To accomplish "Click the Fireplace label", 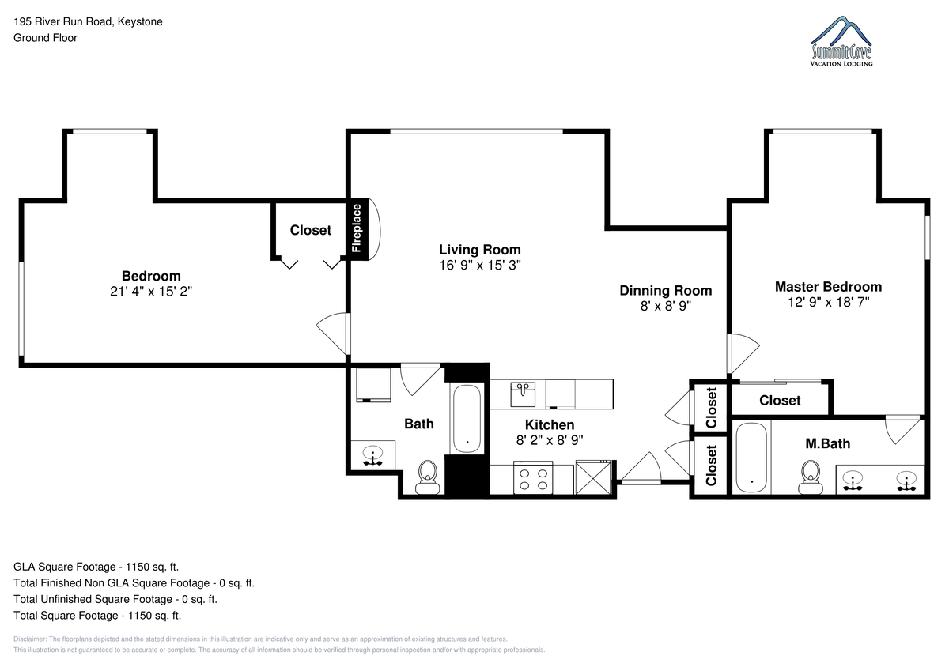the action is coord(357,228).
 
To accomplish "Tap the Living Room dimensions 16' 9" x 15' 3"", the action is coord(479,265).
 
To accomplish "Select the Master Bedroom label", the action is coord(828,287).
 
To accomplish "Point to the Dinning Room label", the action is coord(666,290).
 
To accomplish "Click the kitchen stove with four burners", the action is coord(533,477).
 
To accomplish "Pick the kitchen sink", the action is coord(523,394).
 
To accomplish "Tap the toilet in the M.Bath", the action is coord(810,477).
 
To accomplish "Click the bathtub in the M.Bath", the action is coord(751,458).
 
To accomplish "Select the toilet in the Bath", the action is coord(428,477).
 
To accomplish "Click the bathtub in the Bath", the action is coord(467,419).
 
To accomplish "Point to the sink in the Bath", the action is coord(372,455).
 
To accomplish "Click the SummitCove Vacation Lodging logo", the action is coord(841,41).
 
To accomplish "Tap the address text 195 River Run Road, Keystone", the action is coord(88,21).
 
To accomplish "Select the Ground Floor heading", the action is coord(45,38).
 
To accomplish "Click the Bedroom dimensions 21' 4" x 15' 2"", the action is coord(151,292).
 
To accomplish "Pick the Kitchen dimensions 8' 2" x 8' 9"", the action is coord(550,440).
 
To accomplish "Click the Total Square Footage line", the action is coord(97,616).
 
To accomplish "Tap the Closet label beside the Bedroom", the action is coord(311,230).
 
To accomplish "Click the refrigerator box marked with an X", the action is coord(593,477).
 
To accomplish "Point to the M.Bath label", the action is coord(827,443).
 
